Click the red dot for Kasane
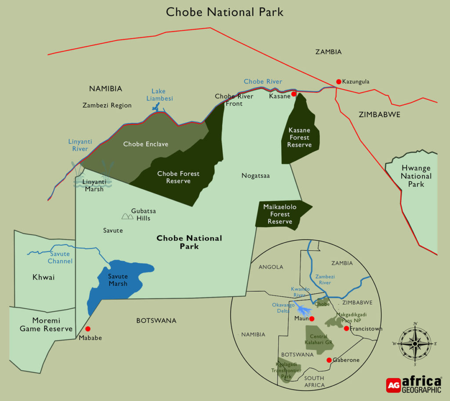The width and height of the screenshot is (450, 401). (294, 94)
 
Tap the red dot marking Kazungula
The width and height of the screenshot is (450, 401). (338, 81)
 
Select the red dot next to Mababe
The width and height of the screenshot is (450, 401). (88, 329)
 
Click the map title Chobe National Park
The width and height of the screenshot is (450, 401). (225, 12)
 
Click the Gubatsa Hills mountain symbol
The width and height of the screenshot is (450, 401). (127, 216)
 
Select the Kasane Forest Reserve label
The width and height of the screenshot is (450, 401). (299, 137)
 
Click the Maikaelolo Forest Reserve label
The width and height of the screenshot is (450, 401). (280, 214)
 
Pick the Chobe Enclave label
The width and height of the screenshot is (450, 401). (145, 144)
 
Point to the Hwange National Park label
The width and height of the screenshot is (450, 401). (416, 176)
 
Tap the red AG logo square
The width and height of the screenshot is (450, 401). (393, 385)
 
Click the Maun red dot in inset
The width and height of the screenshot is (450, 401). (312, 319)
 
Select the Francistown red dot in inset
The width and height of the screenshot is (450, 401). (346, 328)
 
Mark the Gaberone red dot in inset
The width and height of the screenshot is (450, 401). (329, 360)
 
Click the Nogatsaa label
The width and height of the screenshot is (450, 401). (255, 176)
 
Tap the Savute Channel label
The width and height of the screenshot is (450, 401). (60, 258)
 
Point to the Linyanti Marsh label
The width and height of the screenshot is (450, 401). (94, 185)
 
